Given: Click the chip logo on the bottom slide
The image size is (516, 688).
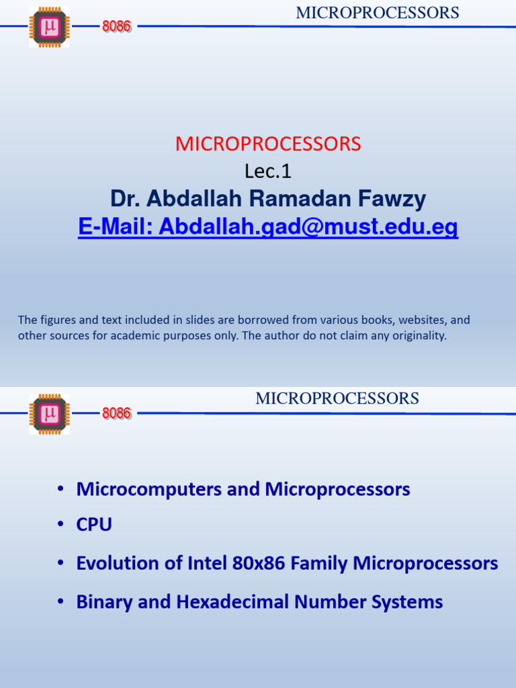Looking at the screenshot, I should [x=49, y=413].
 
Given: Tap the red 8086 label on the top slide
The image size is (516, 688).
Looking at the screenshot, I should [x=116, y=28].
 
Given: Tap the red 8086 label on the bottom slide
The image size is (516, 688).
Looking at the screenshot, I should [x=116, y=413].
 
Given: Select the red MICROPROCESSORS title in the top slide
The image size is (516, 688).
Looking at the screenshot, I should [x=268, y=144].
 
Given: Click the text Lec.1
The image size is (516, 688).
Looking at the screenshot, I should [x=268, y=172].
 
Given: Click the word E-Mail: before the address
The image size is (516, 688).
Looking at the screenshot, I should [x=116, y=228].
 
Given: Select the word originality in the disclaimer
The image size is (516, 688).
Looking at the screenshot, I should [x=421, y=336].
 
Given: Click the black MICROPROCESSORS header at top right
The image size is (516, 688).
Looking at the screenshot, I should [x=378, y=13].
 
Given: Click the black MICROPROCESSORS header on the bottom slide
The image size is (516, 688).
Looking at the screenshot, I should [x=337, y=398].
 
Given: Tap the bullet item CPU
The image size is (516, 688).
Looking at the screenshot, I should [x=94, y=525].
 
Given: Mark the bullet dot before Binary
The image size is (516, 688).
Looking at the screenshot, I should [x=61, y=602].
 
